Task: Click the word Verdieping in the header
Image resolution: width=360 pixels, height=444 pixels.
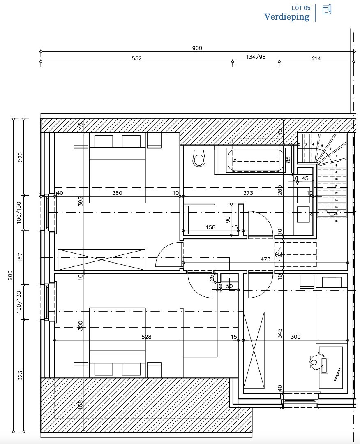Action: point(286,17)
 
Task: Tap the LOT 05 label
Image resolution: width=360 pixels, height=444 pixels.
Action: point(300,8)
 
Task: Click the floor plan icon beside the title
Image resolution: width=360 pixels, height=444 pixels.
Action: point(327,10)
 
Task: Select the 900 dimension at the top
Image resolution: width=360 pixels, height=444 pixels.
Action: point(197,48)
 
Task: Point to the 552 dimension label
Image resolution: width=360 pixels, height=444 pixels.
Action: point(136,58)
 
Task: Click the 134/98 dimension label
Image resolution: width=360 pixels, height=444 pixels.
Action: point(256,57)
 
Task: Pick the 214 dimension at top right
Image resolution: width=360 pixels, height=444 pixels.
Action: point(316,58)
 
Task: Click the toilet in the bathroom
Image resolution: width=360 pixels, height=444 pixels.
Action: point(199,159)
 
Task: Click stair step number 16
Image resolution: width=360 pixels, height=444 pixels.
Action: point(336,221)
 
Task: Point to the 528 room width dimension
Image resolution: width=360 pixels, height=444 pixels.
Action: point(146,337)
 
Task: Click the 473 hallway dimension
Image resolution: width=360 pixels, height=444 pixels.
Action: point(265,259)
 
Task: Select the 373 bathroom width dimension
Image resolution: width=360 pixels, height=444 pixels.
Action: point(248,193)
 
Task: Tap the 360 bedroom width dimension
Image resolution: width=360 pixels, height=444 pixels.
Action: point(117,193)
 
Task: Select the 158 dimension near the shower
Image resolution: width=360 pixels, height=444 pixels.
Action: point(210,227)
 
